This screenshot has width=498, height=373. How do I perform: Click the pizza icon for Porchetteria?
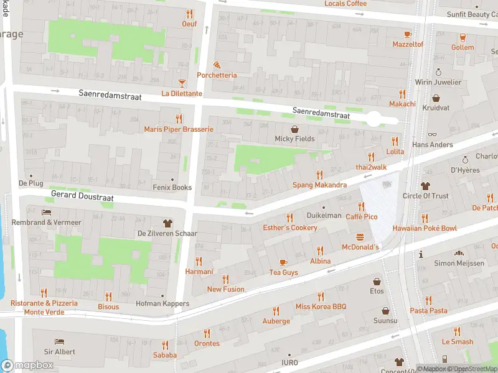click(217, 64)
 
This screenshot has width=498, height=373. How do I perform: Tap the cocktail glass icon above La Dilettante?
click(182, 82)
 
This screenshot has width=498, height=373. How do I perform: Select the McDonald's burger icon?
click(360, 236)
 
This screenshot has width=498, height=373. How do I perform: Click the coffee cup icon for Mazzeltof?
click(408, 34)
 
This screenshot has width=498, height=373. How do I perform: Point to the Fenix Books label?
click(172, 187)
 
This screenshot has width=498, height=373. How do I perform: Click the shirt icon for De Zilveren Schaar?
click(167, 223)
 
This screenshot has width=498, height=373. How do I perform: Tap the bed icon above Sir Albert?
click(60, 341)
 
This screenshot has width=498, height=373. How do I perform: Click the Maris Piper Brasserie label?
click(179, 129)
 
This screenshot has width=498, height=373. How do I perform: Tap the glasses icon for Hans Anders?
click(433, 134)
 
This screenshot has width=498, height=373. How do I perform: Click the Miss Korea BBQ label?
click(321, 306)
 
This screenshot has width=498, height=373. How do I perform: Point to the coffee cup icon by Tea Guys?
click(283, 262)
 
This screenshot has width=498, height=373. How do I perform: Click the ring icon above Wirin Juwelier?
click(438, 71)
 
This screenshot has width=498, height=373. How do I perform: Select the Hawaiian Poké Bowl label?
click(425, 228)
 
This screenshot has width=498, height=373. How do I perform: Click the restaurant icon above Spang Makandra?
click(320, 175)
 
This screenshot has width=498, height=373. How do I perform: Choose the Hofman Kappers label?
click(162, 304)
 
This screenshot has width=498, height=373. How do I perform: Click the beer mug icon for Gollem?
click(463, 37)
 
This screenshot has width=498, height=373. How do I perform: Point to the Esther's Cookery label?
click(290, 228)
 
